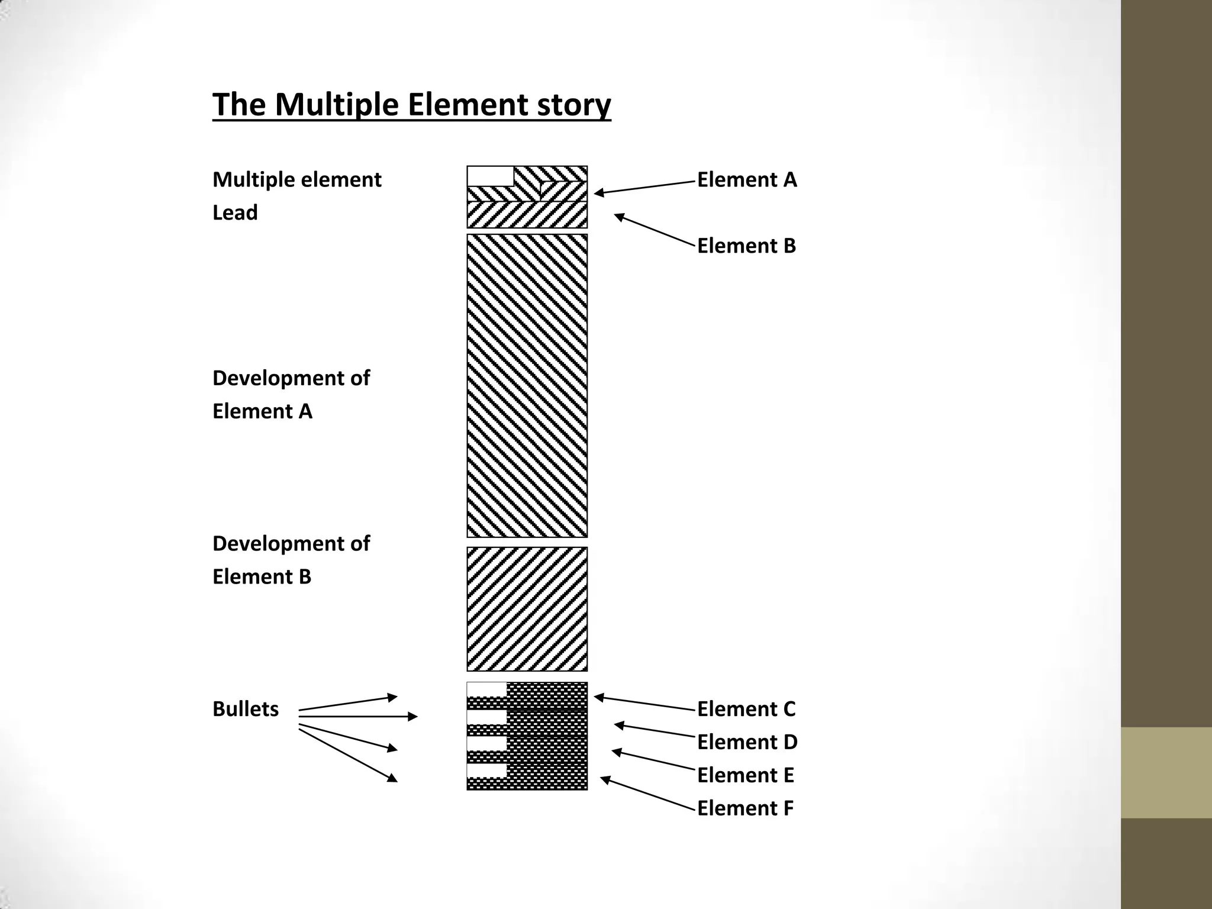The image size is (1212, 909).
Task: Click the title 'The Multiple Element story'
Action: [411, 105]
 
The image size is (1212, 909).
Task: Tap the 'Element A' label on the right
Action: [747, 179]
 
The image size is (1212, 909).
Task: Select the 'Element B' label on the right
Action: [746, 246]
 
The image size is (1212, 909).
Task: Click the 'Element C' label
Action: [746, 708]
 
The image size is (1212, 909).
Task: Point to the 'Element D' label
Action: [747, 742]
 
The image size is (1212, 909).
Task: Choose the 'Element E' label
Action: [745, 775]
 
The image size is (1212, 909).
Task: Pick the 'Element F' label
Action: [745, 808]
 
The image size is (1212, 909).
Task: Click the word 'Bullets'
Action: [245, 708]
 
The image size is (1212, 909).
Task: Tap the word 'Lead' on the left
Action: [235, 212]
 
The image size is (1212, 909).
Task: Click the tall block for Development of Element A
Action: [527, 385]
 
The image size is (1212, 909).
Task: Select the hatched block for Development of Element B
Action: [527, 609]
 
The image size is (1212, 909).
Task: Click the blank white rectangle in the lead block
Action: [490, 176]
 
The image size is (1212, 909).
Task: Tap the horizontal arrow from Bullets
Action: [358, 717]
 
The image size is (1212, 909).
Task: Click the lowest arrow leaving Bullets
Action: [348, 755]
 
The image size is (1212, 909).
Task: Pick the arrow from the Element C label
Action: [644, 702]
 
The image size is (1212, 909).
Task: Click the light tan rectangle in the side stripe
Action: [1166, 772]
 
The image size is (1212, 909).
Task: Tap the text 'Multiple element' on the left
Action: [296, 179]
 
